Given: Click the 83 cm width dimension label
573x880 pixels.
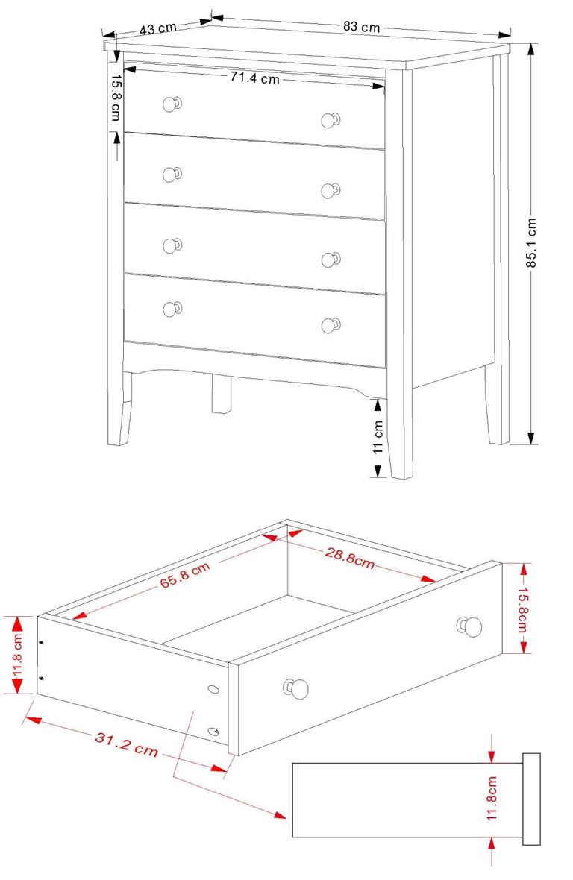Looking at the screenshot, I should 362,27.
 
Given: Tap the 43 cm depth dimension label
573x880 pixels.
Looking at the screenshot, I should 157,28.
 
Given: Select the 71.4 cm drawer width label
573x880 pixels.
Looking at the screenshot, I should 254,78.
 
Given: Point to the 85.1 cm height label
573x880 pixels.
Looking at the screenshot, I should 530,242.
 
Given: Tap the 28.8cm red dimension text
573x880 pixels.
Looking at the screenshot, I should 349,558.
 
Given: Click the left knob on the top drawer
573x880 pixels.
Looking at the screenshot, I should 171,104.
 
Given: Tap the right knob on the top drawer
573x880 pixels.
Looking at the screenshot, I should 330,120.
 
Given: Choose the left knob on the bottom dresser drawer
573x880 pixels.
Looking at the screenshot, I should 172,308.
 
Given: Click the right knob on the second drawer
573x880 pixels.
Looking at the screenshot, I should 330,190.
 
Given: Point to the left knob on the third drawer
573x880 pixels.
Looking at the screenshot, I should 172,245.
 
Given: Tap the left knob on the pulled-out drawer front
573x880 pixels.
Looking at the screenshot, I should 295,688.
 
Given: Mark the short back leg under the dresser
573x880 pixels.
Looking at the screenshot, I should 220,393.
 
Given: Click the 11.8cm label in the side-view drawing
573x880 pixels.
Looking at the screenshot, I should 492,798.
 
